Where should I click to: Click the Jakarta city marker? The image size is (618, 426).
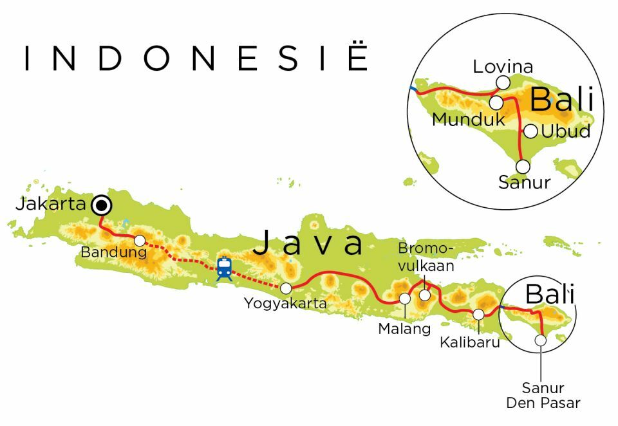click(x=100, y=206)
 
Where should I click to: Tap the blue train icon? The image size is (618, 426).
click(x=224, y=268)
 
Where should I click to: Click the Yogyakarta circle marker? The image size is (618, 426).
click(x=286, y=288)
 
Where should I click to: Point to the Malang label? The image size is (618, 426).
click(x=404, y=329)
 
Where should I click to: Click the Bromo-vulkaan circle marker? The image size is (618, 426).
click(x=425, y=295)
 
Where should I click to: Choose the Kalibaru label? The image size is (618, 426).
click(x=470, y=342)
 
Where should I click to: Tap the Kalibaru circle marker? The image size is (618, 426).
click(x=479, y=314)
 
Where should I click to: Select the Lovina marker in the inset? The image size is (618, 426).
click(x=503, y=82)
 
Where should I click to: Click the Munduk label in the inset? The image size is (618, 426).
click(x=460, y=119)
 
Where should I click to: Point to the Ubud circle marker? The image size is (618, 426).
click(x=530, y=131)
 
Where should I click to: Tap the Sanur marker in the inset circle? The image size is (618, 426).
click(x=523, y=167)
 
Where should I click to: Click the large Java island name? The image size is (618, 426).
click(x=308, y=244)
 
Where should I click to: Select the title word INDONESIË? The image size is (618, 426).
click(x=196, y=59)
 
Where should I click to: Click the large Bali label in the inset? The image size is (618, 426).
click(x=562, y=100)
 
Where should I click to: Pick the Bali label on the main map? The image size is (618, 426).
click(x=549, y=295)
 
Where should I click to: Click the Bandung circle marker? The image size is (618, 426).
click(x=140, y=240)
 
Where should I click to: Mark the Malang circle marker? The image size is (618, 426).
click(x=405, y=299)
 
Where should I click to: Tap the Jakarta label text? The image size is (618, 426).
click(x=51, y=205)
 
